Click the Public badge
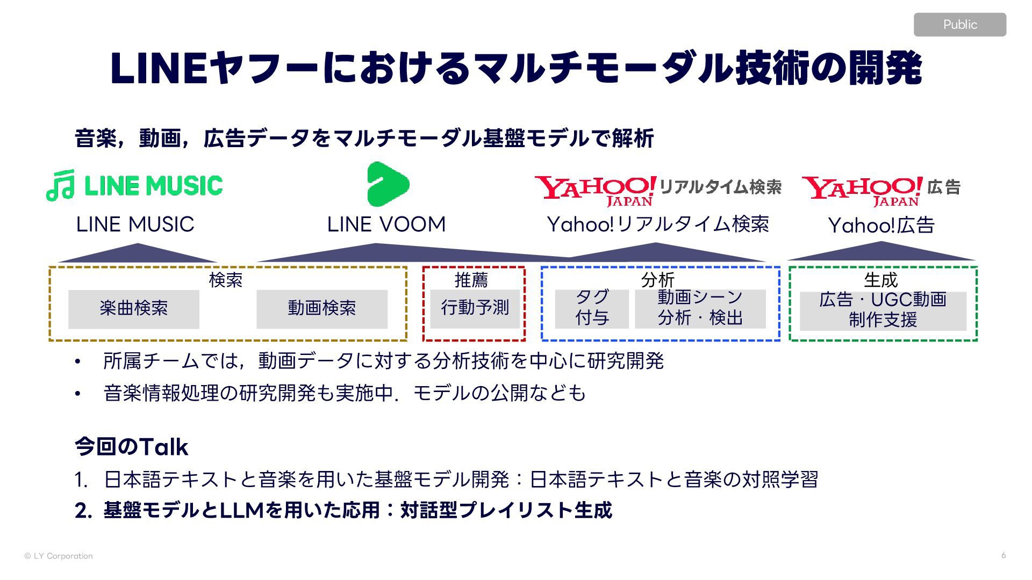tap(959, 25)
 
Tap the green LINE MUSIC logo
tap(135, 186)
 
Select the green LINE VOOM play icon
tap(388, 184)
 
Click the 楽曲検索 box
tap(133, 309)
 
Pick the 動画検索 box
tap(321, 309)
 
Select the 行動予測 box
tap(475, 308)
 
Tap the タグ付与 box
tap(592, 308)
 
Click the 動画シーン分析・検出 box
tap(700, 308)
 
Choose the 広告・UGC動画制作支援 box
tap(883, 310)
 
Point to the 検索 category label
tap(226, 280)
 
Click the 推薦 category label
tap(471, 280)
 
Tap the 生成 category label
tap(881, 280)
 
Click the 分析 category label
tap(657, 279)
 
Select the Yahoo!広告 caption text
tap(881, 226)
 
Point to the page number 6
tap(1004, 555)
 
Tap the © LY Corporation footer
tap(59, 556)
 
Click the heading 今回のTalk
tap(132, 447)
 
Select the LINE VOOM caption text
tap(386, 224)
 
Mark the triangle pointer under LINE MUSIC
tap(138, 253)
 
